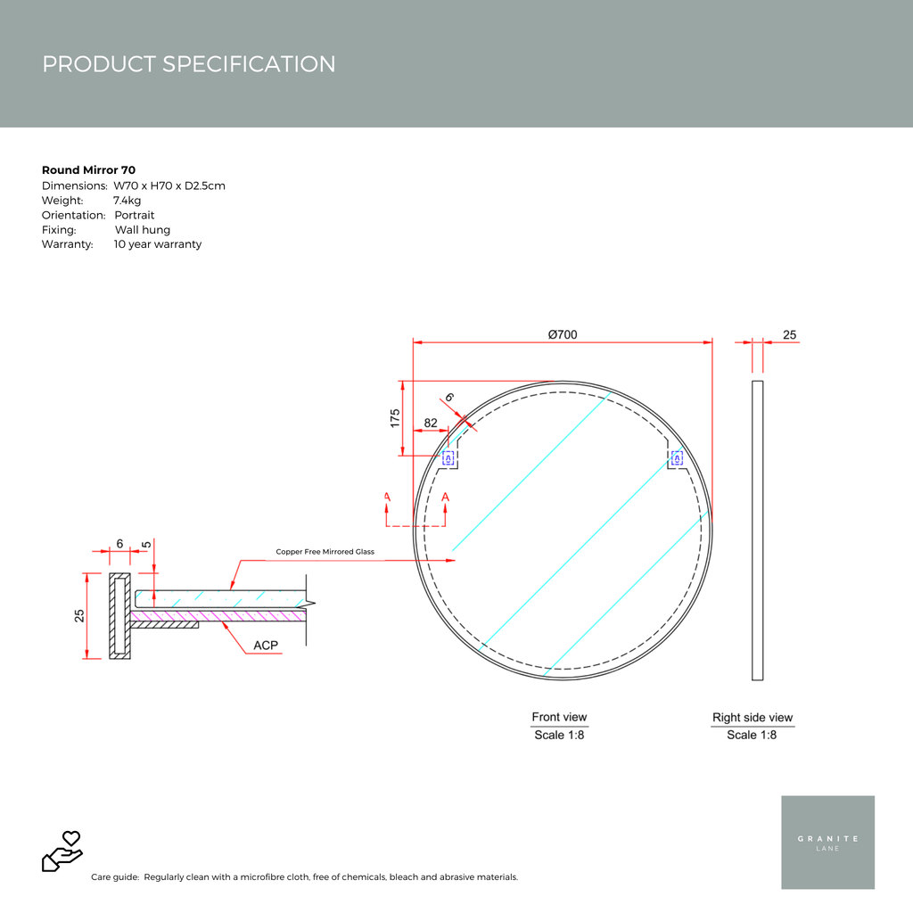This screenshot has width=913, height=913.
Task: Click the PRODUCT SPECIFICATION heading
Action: point(189,64)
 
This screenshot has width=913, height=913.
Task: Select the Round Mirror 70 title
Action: point(88,170)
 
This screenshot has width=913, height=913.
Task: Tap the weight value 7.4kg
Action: point(127,201)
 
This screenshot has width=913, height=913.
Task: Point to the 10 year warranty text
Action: point(158,244)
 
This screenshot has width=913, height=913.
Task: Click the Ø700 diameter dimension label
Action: point(563,334)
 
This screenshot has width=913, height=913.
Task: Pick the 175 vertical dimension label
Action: point(395,418)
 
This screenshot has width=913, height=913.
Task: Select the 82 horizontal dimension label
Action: point(431,423)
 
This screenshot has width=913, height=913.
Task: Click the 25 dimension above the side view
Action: point(790,335)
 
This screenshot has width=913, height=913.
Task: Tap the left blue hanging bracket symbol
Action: point(448,458)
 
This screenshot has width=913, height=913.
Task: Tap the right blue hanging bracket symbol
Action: point(677,458)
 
